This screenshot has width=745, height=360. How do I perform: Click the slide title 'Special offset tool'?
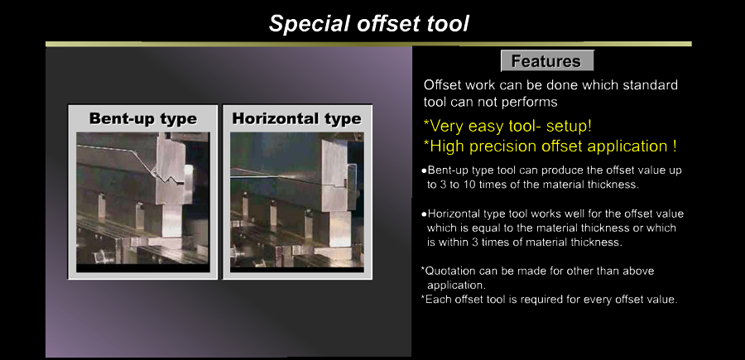[369, 23]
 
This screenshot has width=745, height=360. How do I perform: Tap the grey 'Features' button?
[547, 60]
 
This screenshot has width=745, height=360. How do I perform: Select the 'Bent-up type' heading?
[143, 118]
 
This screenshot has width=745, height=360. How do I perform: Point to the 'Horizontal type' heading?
[297, 118]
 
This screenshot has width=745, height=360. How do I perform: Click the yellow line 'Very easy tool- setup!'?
[507, 127]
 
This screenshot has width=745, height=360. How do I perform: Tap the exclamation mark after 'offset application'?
[675, 146]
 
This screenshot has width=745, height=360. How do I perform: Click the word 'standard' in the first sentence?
[647, 85]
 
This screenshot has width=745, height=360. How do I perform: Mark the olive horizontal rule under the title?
[368, 44]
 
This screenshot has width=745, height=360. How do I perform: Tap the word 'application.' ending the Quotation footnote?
[455, 286]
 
